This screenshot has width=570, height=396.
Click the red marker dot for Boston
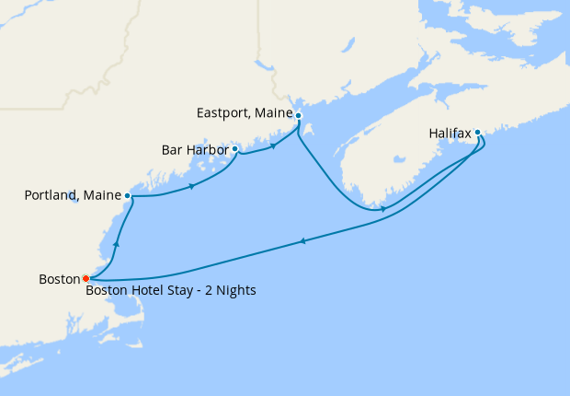tap(85, 277)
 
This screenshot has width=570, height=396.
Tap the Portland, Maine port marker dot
tap(127, 196)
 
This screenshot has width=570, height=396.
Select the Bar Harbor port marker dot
tap(235, 148)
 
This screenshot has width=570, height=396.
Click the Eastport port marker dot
tap(298, 115)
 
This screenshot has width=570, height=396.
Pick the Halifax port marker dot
tap(477, 133)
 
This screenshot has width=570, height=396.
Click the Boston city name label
tap(59, 278)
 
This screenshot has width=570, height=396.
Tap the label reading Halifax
tap(450, 134)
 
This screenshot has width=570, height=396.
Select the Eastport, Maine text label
tap(244, 114)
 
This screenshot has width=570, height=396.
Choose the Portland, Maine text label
tap(72, 195)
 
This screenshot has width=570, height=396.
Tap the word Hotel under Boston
tap(147, 291)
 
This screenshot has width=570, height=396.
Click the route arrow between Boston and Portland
tap(117, 244)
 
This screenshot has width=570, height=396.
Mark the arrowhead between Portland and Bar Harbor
tap(191, 186)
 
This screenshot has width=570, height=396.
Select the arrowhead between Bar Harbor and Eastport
tap(273, 146)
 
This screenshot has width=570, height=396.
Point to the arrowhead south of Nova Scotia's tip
tap(383, 208)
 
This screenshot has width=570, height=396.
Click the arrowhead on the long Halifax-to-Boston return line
tap(302, 241)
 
